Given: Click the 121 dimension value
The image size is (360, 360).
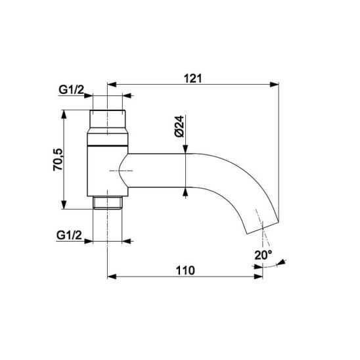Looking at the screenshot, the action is (193, 79).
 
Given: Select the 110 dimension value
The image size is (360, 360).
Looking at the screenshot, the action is (185, 271).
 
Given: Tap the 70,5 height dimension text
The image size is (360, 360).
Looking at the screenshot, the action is (58, 160).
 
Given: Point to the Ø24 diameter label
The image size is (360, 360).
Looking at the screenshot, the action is (179, 126).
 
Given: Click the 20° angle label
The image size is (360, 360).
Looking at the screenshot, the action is (263, 255).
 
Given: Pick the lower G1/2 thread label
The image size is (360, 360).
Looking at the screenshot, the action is (69, 235).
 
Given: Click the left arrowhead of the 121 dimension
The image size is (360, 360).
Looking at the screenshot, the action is (112, 84).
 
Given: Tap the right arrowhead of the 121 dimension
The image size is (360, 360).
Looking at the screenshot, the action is (274, 84).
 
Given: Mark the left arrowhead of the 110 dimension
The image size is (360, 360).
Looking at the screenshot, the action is (112, 277).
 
